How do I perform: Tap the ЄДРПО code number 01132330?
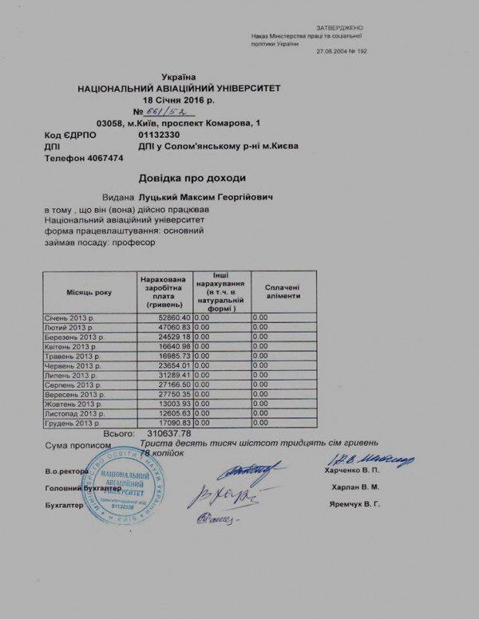pos(160,136)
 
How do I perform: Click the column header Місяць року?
pos(89,294)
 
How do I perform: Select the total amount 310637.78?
pos(180,433)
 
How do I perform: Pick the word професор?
pos(134,246)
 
